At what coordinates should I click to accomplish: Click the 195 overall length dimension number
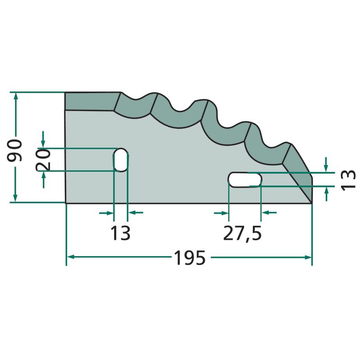189,257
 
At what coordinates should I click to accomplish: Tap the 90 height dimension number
14,150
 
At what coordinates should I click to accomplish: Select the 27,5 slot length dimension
242,233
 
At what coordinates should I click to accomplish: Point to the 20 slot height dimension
43,160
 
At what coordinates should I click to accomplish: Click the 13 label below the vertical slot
120,233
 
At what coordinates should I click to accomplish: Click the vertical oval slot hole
121,160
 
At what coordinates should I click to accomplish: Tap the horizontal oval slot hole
245,180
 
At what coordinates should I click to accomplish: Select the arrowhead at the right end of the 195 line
308,257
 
